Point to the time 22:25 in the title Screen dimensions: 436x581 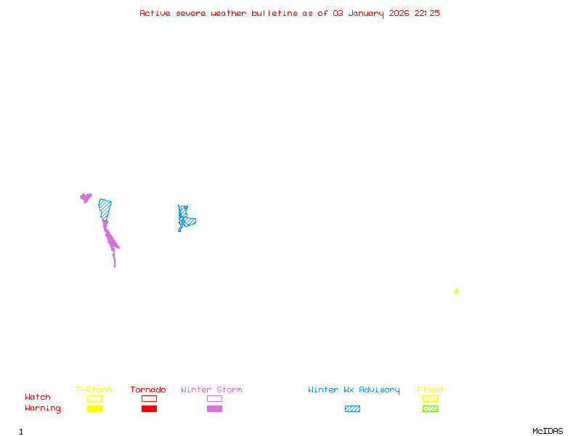[x=427, y=13]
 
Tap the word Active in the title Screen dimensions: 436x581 [x=155, y=13]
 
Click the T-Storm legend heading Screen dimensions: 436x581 [x=94, y=390]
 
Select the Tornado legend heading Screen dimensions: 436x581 [x=148, y=390]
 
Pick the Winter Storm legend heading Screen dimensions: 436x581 [x=211, y=390]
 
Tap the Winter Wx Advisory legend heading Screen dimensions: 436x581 [x=354, y=390]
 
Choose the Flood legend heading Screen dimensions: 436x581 [x=430, y=390]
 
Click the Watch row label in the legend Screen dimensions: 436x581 [x=38, y=397]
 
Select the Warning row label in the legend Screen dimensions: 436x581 [x=43, y=408]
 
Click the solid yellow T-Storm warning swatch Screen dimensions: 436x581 [x=94, y=409]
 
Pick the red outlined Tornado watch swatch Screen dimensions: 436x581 [x=149, y=399]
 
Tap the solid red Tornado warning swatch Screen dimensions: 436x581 [x=149, y=409]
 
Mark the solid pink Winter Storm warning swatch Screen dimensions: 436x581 [x=214, y=409]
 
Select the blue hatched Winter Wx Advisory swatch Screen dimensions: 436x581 [x=352, y=409]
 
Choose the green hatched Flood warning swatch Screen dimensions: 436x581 [x=430, y=409]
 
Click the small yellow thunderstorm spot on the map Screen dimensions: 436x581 [x=456, y=291]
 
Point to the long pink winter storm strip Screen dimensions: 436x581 [x=110, y=240]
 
